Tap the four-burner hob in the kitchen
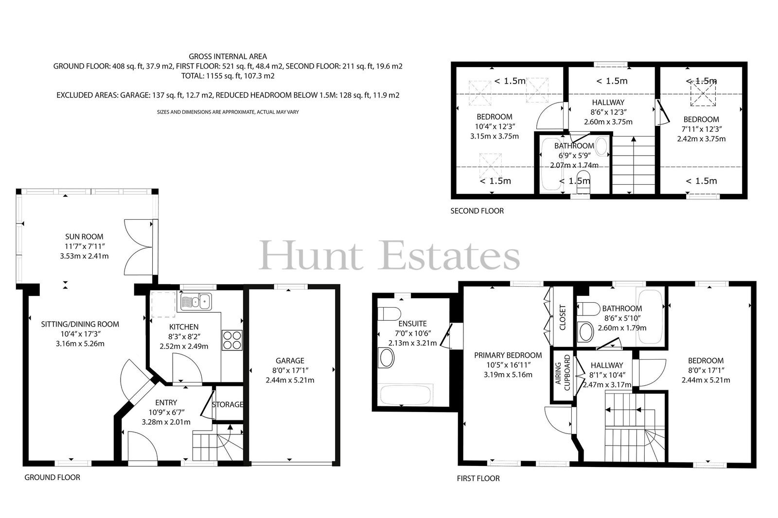point(232,340)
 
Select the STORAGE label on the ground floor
point(228,404)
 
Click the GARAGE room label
point(290,361)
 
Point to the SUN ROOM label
point(84,237)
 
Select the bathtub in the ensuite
point(406,395)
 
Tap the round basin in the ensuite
point(387,358)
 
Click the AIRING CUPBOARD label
point(563,373)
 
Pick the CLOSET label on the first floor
point(563,317)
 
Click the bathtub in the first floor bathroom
point(650,317)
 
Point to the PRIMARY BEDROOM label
point(508,356)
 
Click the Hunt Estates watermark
point(389,256)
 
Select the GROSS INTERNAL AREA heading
point(228,56)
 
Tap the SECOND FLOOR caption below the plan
point(477,211)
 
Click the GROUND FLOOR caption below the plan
point(52,478)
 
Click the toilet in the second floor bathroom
point(583,182)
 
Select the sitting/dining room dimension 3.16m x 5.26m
point(80,344)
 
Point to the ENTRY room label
point(166,403)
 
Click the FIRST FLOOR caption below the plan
point(478,479)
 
